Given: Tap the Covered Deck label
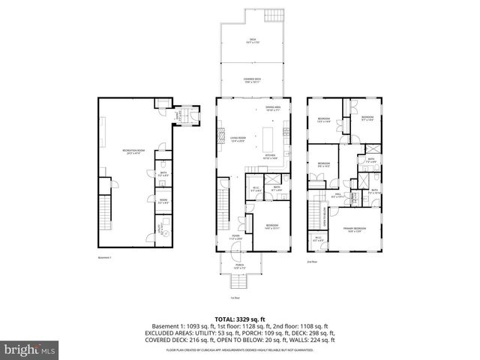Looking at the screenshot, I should click(x=251, y=81).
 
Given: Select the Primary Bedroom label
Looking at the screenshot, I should click(x=354, y=229).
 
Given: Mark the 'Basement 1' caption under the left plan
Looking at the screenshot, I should click(x=104, y=257).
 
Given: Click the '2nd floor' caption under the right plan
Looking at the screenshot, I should click(x=311, y=262).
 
